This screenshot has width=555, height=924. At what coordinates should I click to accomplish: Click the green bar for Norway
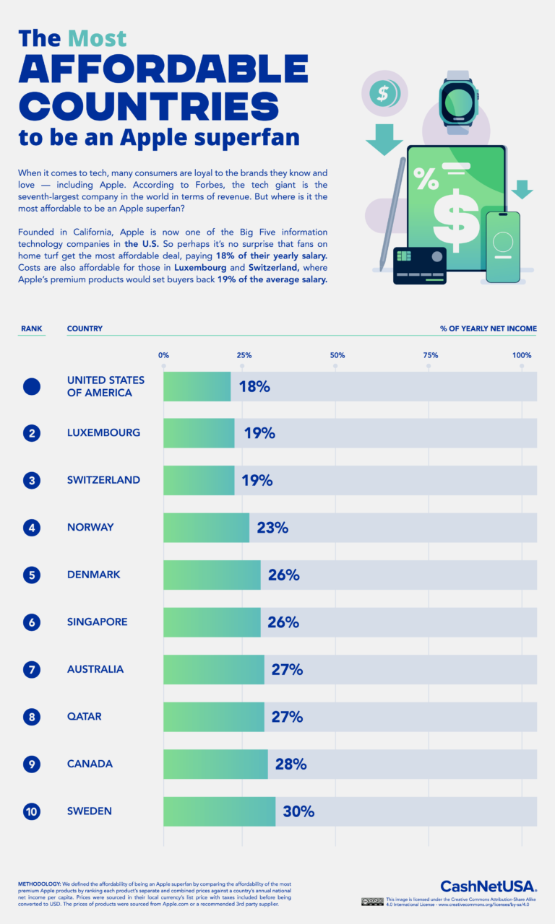click(206, 528)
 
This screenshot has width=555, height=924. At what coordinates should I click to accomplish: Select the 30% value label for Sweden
click(298, 811)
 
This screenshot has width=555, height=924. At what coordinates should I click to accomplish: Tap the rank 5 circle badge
click(31, 575)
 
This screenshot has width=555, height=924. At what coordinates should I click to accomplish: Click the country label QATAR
click(84, 717)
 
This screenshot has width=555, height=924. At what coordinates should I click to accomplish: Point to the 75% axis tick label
click(430, 355)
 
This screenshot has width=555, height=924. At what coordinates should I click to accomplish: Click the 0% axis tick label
click(164, 355)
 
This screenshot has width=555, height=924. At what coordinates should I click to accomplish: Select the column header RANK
click(32, 328)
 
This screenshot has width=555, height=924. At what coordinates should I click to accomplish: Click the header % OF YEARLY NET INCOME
click(489, 328)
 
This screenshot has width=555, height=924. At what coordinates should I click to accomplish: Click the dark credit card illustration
click(419, 266)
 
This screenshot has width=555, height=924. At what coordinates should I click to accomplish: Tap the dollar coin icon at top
click(383, 92)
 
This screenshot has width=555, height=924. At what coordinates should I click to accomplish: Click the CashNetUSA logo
click(488, 886)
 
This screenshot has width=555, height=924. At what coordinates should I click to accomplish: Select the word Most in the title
click(98, 38)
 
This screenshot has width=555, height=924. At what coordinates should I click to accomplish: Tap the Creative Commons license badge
click(372, 902)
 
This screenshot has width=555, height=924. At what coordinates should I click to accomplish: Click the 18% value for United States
click(254, 386)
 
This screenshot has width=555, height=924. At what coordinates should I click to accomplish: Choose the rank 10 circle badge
click(31, 811)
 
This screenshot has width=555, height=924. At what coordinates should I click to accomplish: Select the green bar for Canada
click(215, 764)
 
